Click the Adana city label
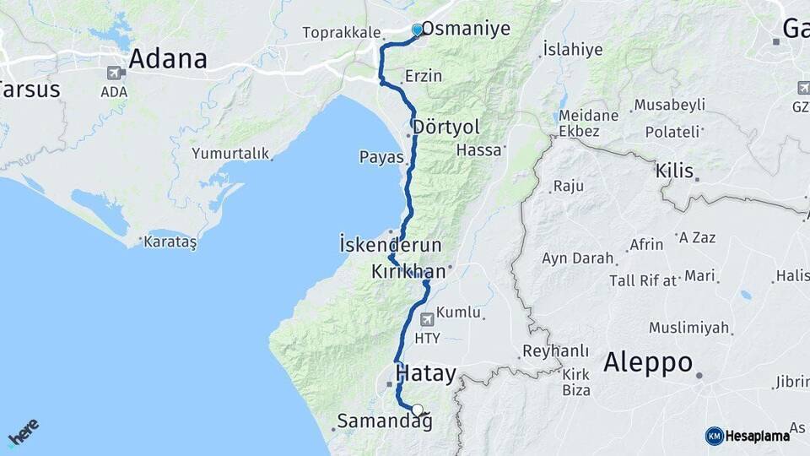pos(167,59)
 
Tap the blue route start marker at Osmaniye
pos(417,30)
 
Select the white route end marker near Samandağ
pos(417,410)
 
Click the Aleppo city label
pos(648,363)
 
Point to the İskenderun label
pos(390,245)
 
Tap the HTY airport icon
pos(428,320)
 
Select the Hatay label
pos(426,373)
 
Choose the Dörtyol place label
pos(447,127)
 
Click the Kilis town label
pos(676,171)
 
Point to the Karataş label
pos(170,242)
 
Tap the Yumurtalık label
pos(229,154)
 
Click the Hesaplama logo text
pos(757,436)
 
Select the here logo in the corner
pos(23,432)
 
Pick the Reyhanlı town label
pos(555,350)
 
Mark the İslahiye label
pos(573,49)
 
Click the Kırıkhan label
pos(408,272)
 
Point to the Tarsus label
pos(30,89)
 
